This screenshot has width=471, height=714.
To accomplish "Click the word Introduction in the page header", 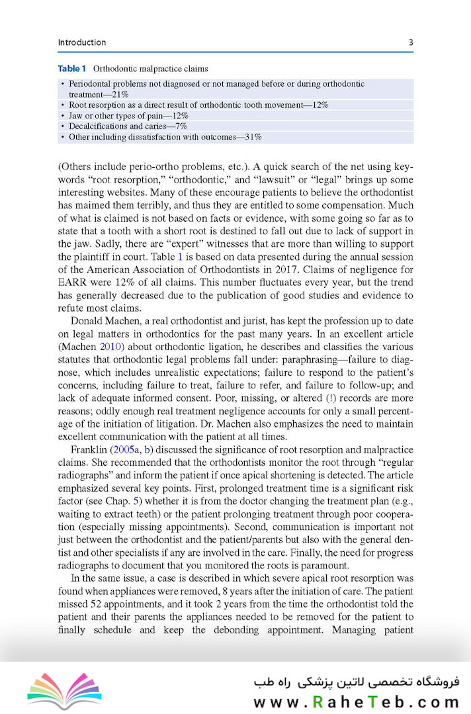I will [82, 42].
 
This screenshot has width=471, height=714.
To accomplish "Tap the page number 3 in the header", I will [411, 42].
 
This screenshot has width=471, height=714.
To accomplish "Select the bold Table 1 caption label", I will [72, 68].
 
